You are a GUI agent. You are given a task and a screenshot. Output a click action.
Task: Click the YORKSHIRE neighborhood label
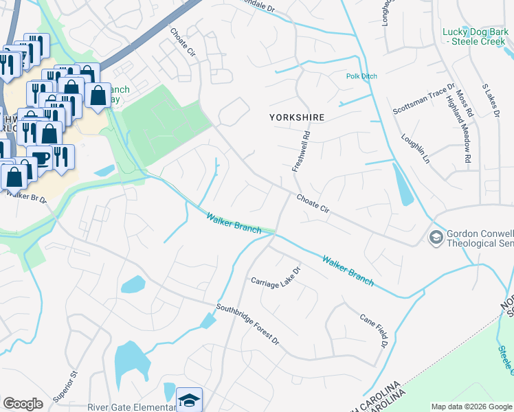point(296,117)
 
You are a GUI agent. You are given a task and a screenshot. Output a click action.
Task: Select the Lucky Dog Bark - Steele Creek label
point(474,36)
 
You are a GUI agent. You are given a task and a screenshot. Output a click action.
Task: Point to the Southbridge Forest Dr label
point(248,325)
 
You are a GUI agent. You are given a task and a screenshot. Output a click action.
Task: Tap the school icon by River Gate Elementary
point(189,401)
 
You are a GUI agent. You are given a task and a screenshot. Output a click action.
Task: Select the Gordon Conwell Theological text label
point(480,238)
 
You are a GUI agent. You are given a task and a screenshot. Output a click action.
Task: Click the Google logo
point(23,404)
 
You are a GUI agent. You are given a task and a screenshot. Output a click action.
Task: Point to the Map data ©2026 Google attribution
point(471,407)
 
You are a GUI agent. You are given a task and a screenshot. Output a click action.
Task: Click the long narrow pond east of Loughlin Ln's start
point(403,185)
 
